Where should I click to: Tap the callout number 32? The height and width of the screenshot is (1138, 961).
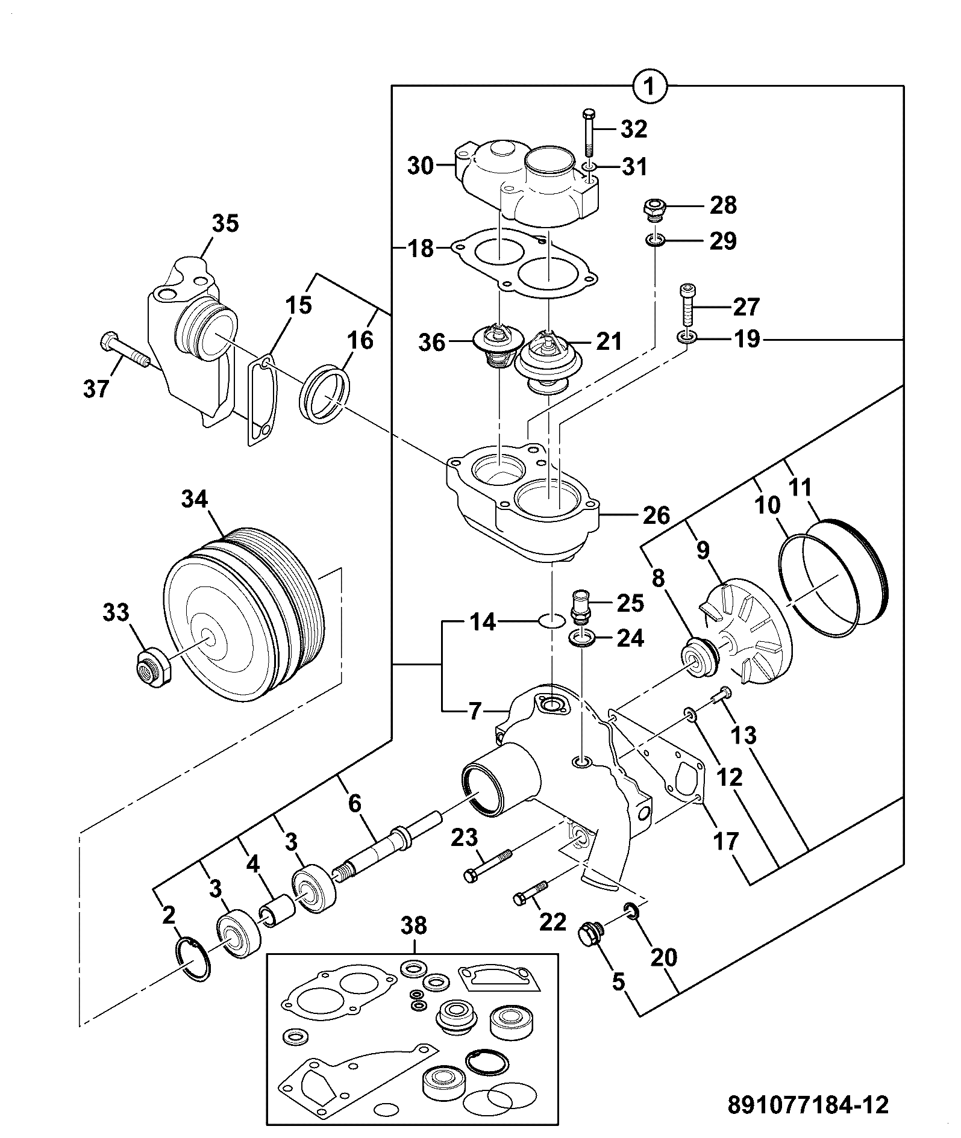633,129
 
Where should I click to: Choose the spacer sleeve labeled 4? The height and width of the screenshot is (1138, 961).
276,914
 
